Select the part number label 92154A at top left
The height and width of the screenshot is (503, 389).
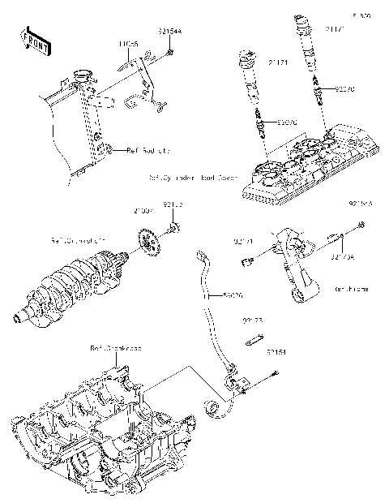(169, 31)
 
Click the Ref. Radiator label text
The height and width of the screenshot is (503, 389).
(147, 150)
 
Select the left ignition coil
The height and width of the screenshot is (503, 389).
(248, 81)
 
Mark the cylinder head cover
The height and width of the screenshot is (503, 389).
(312, 162)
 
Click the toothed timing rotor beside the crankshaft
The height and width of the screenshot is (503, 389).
(147, 244)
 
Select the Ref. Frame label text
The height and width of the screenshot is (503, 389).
(350, 288)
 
